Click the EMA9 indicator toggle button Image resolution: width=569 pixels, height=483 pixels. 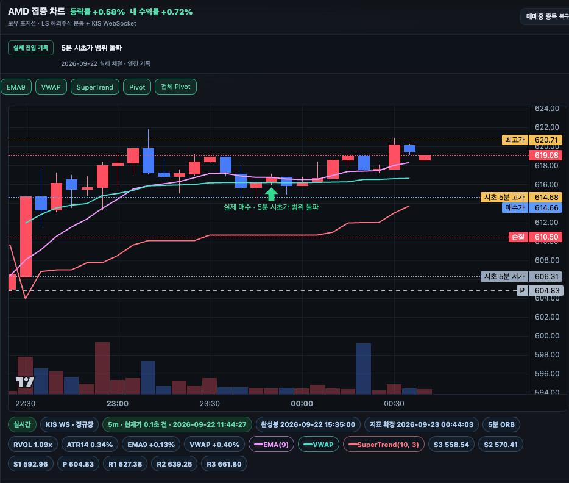(16, 87)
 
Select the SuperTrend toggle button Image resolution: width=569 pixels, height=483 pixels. (94, 87)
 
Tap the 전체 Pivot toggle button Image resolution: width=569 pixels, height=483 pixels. (175, 87)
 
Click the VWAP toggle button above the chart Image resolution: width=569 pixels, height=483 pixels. (51, 87)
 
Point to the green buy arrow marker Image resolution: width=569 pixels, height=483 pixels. (271, 194)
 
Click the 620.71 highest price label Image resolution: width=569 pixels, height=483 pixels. (546, 140)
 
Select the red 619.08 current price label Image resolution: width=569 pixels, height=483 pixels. (546, 156)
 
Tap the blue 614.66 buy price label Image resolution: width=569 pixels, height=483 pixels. (546, 208)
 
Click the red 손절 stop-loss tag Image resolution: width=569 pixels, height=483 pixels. (518, 237)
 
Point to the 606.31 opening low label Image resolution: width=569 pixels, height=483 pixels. (546, 277)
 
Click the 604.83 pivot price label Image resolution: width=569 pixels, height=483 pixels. (546, 290)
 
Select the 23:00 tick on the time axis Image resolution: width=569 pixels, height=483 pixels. (118, 404)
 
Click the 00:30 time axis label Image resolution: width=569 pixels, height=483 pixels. (394, 404)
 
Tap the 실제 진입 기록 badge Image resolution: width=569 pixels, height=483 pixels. (31, 48)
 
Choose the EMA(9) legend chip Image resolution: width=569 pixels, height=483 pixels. (271, 445)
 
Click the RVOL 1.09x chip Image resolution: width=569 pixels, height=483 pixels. (33, 445)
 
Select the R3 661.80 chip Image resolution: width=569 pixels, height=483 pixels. (224, 464)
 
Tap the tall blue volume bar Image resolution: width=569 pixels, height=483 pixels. (363, 368)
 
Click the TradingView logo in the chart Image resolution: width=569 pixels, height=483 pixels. (25, 382)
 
